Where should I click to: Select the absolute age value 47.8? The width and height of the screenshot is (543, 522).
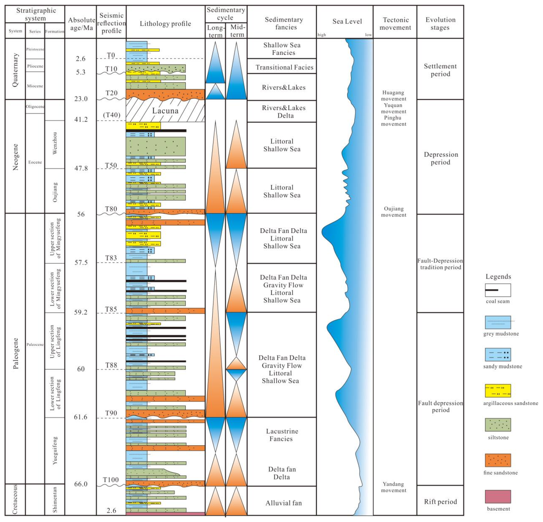click(81, 168)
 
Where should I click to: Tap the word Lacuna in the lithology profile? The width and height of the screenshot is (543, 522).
click(165, 111)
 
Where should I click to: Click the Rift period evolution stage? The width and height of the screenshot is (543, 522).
click(440, 502)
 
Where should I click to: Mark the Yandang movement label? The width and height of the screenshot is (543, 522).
click(393, 487)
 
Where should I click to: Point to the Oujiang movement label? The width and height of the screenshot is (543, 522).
click(393, 212)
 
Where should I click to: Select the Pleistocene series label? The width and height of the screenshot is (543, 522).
click(35, 49)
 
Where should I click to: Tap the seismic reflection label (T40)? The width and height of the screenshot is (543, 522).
click(111, 115)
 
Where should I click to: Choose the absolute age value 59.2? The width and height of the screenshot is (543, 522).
click(81, 312)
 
